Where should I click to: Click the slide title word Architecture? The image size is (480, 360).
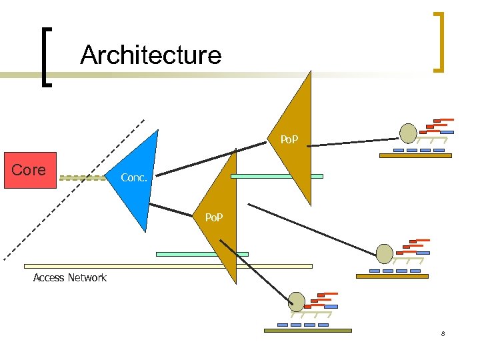pyautogui.click(x=151, y=55)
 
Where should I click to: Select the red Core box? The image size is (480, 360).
pyautogui.click(x=30, y=171)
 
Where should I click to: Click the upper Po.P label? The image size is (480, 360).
pyautogui.click(x=289, y=140)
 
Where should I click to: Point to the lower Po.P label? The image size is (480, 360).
pyautogui.click(x=213, y=218)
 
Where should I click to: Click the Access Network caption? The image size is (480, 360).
pyautogui.click(x=70, y=277)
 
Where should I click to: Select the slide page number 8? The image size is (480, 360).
pyautogui.click(x=442, y=333)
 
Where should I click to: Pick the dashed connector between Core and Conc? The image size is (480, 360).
pyautogui.click(x=82, y=178)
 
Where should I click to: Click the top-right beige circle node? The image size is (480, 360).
pyautogui.click(x=407, y=133)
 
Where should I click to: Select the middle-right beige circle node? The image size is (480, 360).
pyautogui.click(x=385, y=253)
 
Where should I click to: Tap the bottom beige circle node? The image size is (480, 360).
pyautogui.click(x=297, y=302)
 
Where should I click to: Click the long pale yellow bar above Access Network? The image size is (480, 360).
pyautogui.click(x=167, y=266)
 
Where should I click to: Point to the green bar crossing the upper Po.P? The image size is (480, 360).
pyautogui.click(x=276, y=177)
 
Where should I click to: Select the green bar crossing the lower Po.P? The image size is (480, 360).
pyautogui.click(x=201, y=254)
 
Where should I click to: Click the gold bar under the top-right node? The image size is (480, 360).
pyautogui.click(x=415, y=156)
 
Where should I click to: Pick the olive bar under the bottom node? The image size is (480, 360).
pyautogui.click(x=307, y=330)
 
